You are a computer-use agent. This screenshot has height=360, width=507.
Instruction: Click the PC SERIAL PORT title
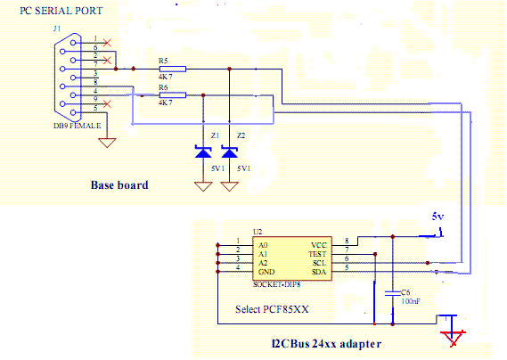pos(61,11)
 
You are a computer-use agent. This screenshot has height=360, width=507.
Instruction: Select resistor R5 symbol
pos(173,69)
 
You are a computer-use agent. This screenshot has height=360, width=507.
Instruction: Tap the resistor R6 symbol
pos(173,95)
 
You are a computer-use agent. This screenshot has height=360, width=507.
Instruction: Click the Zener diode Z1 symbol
pos(203,152)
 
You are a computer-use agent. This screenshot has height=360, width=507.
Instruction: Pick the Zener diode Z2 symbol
pos(230,152)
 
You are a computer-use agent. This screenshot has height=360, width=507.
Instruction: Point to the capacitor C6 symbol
pos(393,293)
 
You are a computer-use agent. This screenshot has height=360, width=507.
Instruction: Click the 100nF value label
pos(411,301)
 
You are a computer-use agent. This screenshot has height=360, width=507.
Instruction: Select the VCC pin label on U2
pos(319,245)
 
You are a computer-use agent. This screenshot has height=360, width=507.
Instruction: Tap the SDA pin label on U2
pos(319,272)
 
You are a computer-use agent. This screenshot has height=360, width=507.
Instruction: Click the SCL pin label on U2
pos(320,263)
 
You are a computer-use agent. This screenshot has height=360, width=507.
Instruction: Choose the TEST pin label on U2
pos(317,254)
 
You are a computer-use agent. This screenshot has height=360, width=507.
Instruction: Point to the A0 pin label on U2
pos(263,245)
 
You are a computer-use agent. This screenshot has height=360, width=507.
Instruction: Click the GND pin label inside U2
pos(266,272)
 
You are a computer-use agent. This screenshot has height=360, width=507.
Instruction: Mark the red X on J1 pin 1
pos(107,43)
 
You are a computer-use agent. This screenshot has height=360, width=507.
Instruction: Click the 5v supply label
pos(437,217)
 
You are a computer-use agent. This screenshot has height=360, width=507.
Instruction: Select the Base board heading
pos(119,185)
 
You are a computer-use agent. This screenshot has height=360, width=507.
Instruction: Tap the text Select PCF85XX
pos(272,309)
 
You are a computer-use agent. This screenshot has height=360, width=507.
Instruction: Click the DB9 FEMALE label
pos(78,126)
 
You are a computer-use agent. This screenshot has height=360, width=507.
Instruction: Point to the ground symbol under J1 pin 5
pos(107,143)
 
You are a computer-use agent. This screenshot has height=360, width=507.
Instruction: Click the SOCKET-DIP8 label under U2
pos(277,284)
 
